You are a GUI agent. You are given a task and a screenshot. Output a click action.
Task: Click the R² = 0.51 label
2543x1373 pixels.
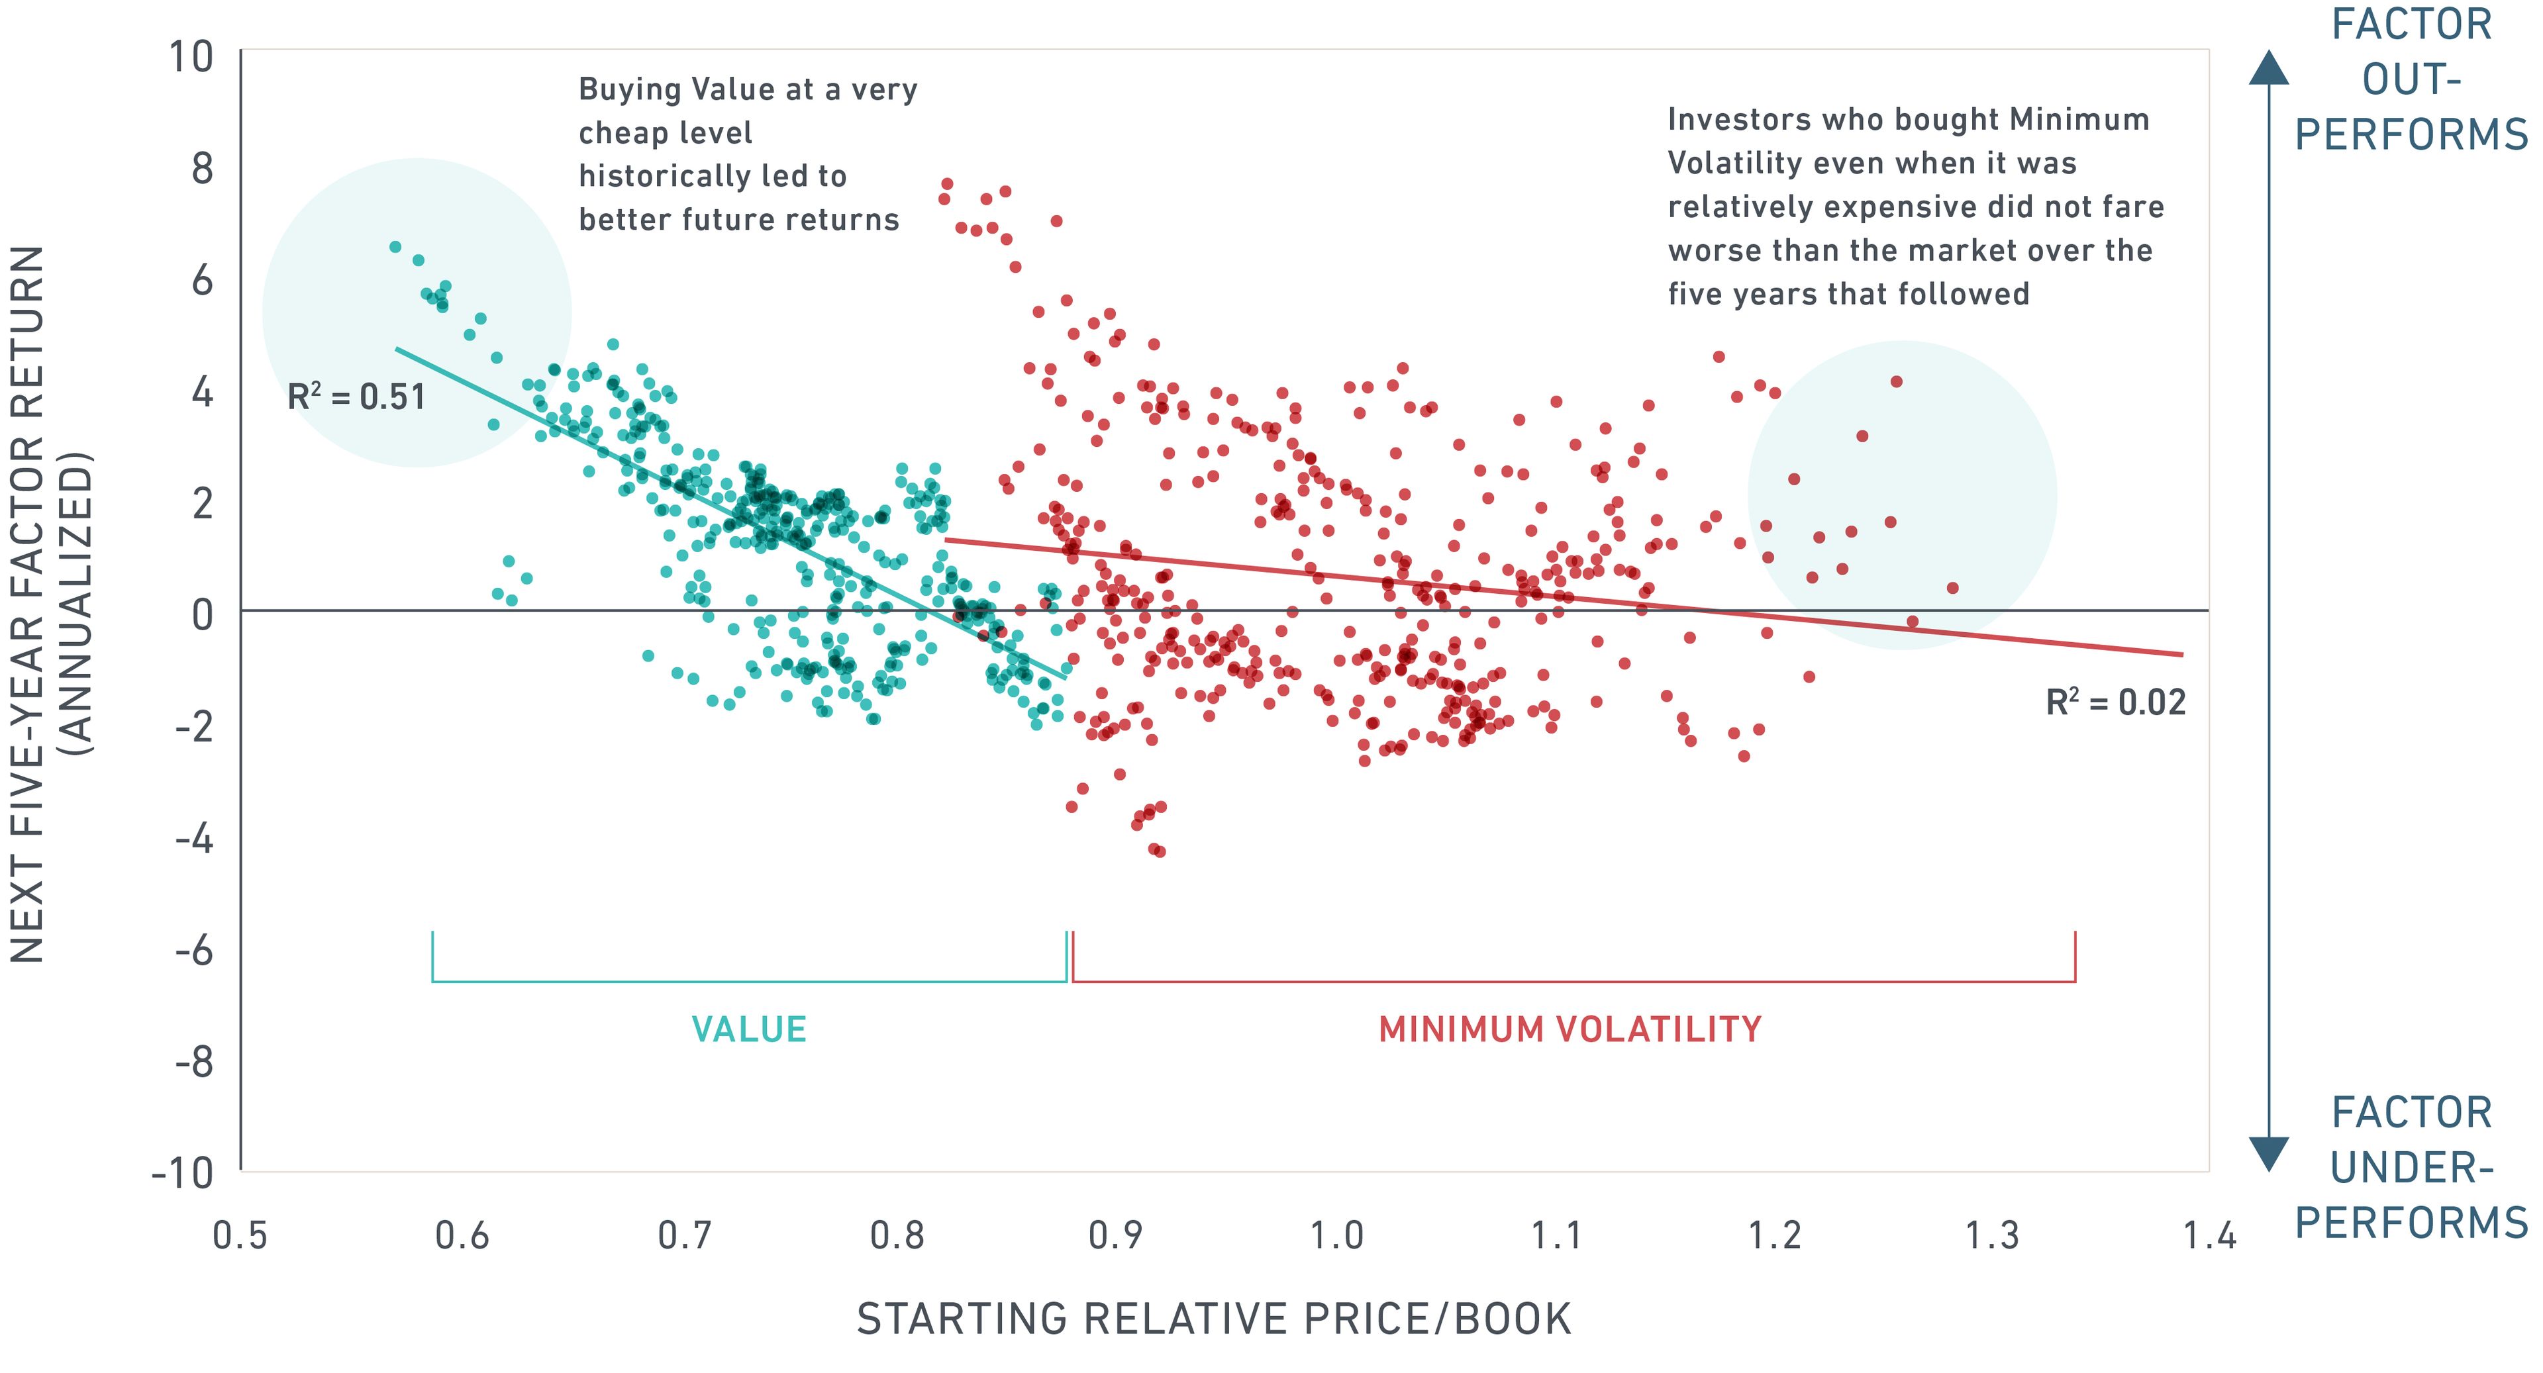(x=356, y=397)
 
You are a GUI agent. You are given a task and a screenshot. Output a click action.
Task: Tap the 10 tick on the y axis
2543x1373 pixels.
(x=191, y=57)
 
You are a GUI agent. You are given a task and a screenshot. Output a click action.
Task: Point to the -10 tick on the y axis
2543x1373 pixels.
(x=183, y=1174)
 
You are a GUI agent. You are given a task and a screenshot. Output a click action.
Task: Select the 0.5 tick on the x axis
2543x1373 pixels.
(x=240, y=1235)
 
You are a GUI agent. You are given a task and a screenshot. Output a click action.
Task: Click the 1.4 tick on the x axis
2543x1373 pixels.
(x=2209, y=1235)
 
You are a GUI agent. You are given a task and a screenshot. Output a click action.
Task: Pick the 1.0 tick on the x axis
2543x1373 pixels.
(x=1336, y=1235)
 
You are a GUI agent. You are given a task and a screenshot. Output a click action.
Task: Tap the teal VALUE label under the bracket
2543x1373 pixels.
(x=748, y=1029)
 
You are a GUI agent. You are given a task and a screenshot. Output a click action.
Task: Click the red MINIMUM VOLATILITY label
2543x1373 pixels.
(x=1570, y=1029)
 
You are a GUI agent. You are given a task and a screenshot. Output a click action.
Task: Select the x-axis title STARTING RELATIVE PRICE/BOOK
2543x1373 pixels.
(x=1213, y=1319)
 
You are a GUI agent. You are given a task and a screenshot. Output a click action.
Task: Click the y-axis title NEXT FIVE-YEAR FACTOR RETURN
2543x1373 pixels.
(x=28, y=604)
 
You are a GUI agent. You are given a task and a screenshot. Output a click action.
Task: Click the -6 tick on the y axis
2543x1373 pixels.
(x=195, y=951)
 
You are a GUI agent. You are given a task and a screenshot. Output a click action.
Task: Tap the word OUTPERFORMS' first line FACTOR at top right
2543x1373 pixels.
(x=2411, y=24)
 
